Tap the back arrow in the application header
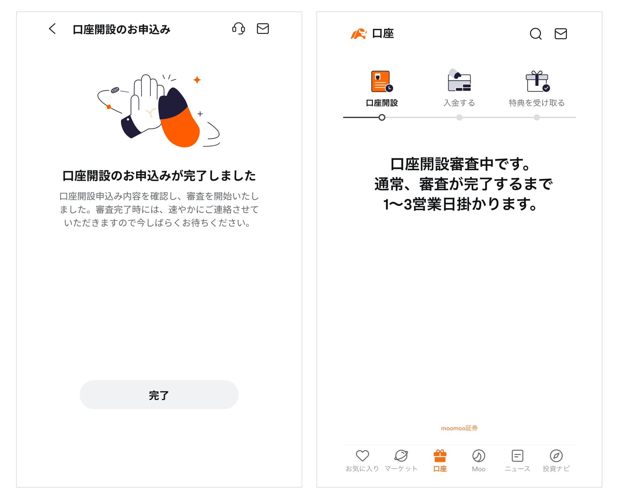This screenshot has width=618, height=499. click(x=52, y=29)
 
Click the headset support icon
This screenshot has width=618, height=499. click(x=239, y=29)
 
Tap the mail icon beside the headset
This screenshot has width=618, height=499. click(x=263, y=29)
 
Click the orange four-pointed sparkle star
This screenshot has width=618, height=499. click(x=197, y=80)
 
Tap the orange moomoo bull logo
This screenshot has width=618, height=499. click(x=358, y=34)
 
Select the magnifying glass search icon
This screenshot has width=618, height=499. click(x=535, y=34)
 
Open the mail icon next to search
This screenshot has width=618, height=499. click(x=561, y=34)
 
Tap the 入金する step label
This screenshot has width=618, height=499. click(x=459, y=103)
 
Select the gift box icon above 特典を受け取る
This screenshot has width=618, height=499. click(x=537, y=81)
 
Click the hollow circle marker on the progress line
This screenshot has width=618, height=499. click(x=381, y=117)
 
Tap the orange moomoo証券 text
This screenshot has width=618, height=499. click(x=459, y=428)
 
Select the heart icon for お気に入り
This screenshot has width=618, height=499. click(x=362, y=456)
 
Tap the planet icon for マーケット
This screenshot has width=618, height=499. click(x=401, y=456)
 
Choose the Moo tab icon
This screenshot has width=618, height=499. click(x=478, y=456)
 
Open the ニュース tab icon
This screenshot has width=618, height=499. click(x=517, y=456)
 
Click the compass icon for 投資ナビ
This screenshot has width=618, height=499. click(x=556, y=456)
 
